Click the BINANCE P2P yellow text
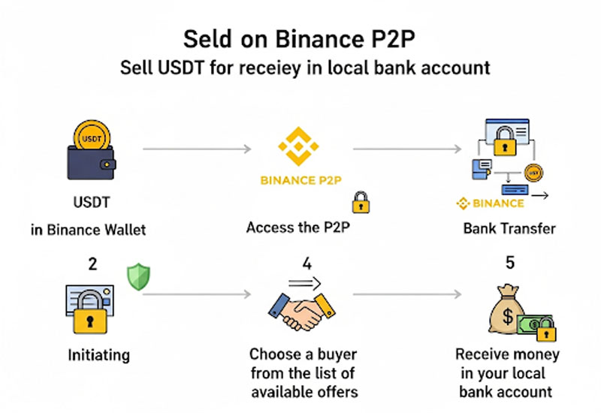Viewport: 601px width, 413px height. click(x=299, y=180)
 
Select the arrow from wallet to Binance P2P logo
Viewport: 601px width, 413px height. click(x=197, y=149)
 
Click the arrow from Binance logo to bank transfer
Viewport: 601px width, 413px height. click(x=406, y=149)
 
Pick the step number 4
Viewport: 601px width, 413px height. click(x=301, y=264)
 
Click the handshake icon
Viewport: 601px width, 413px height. click(x=301, y=312)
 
